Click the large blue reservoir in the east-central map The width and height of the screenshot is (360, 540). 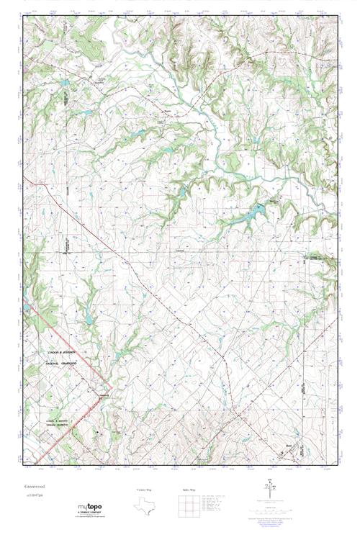(256, 212)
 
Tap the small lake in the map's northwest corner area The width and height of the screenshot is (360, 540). (66, 84)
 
